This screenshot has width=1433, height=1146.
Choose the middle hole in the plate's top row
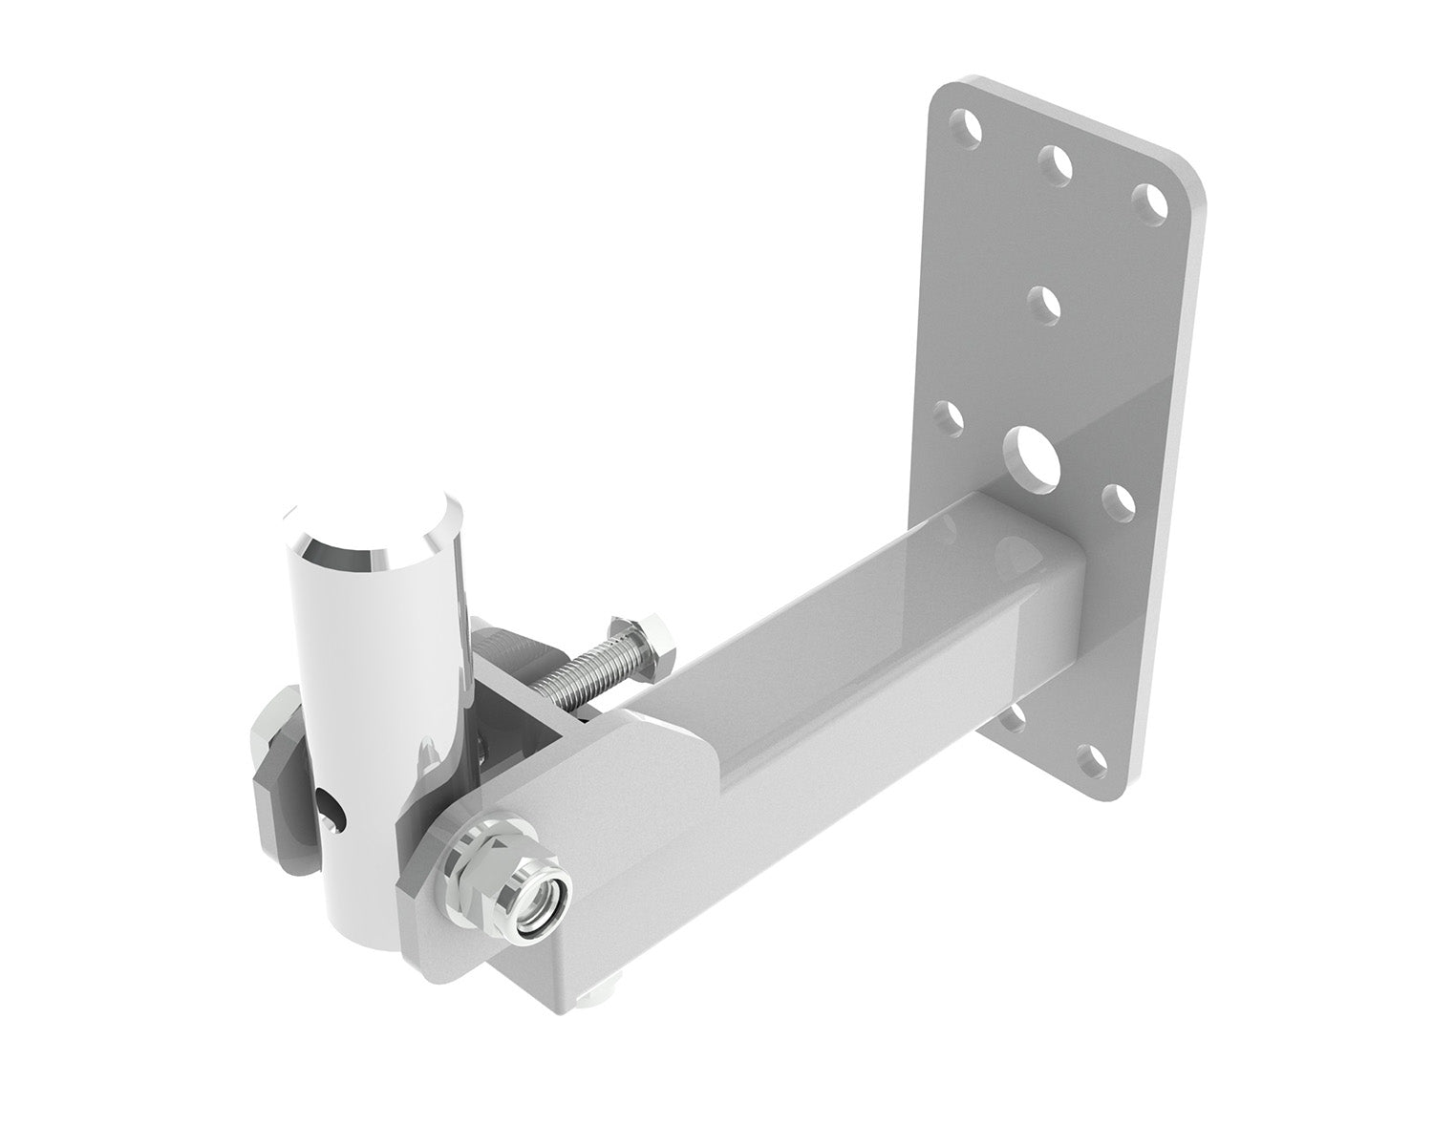(1057, 161)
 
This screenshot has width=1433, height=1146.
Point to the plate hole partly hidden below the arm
(1018, 715)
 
